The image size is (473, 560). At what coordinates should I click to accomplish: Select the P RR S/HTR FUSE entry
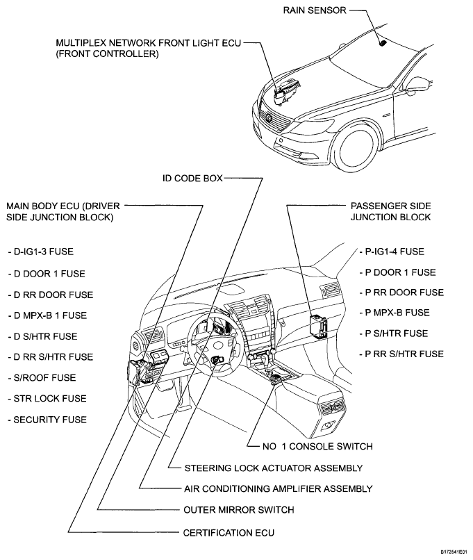(x=402, y=354)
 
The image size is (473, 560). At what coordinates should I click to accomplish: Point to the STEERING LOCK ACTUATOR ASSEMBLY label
(x=273, y=468)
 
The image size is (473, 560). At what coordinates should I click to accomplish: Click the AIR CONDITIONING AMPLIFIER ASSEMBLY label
(x=278, y=488)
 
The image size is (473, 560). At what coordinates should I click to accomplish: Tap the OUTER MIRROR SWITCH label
(x=239, y=509)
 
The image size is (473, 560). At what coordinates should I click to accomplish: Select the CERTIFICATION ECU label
(x=229, y=533)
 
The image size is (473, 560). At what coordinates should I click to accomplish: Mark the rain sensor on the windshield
(x=382, y=42)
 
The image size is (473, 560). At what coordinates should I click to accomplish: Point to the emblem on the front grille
(x=263, y=119)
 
